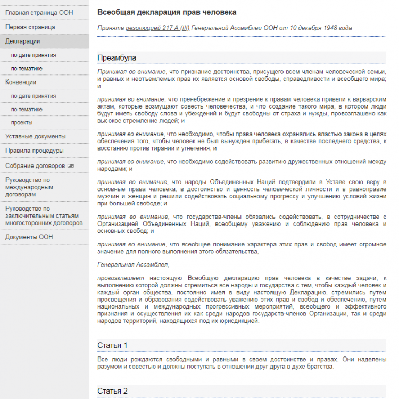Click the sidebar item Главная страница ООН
pyautogui.click(x=39, y=12)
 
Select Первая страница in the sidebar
pyautogui.click(x=30, y=27)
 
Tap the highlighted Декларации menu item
pyautogui.click(x=22, y=41)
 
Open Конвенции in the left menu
pyautogui.click(x=21, y=82)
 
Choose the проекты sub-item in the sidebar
pyautogui.click(x=22, y=122)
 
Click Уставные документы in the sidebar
pyautogui.click(x=35, y=136)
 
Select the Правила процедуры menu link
pyautogui.click(x=35, y=151)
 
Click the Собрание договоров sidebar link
pyautogui.click(x=35, y=165)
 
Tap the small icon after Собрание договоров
pyautogui.click(x=70, y=166)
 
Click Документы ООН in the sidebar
pyautogui.click(x=29, y=237)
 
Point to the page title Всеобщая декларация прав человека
pyautogui.click(x=167, y=12)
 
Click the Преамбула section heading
pyautogui.click(x=117, y=57)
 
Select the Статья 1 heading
pyautogui.click(x=112, y=345)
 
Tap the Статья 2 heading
pyautogui.click(x=112, y=391)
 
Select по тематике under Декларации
pyautogui.click(x=27, y=68)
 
